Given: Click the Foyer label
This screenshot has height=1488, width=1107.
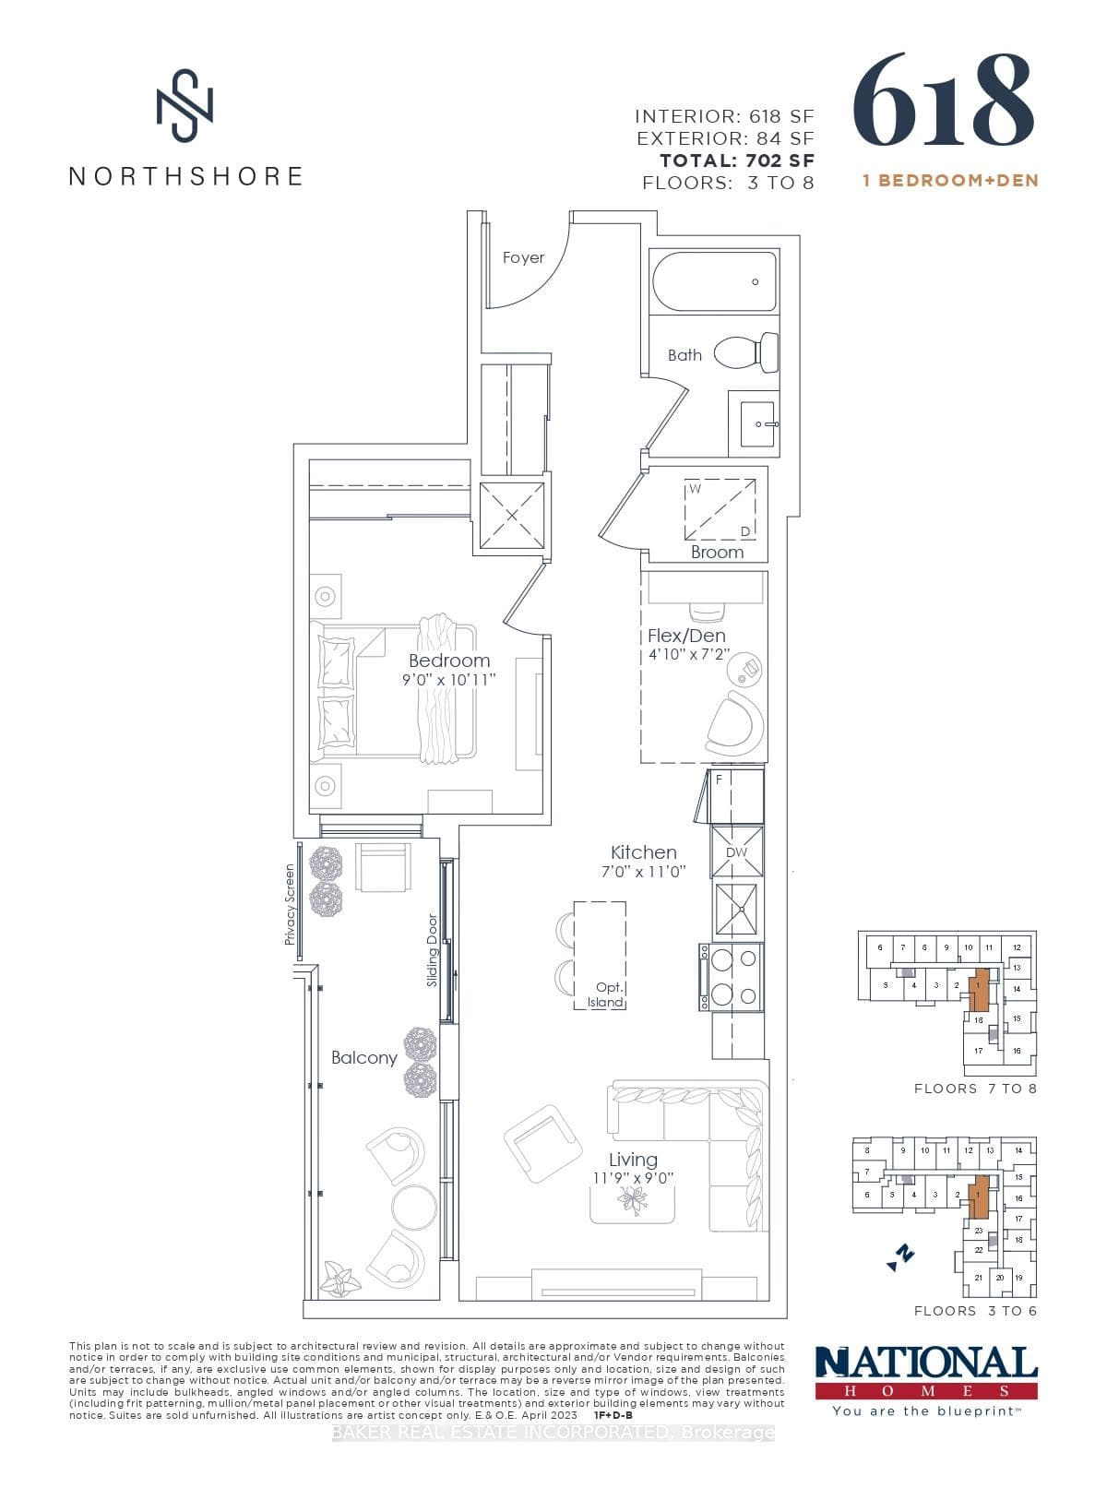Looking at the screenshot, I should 523,257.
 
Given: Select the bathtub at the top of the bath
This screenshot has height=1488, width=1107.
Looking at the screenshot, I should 714,281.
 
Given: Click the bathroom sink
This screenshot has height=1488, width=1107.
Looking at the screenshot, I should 755,423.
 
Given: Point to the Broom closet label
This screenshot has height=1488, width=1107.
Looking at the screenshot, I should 717,552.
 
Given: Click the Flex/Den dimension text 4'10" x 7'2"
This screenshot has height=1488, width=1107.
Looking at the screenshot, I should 688,655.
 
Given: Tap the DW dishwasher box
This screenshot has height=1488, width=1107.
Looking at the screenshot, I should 736,852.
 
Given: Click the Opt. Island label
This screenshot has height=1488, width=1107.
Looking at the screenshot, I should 607,994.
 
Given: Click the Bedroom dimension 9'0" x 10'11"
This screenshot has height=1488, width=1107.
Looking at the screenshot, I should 449,680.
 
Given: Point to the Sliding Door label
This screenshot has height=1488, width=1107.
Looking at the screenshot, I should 432,950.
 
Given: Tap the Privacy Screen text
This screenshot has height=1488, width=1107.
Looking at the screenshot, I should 290,904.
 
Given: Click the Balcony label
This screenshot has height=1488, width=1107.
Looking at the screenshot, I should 363,1057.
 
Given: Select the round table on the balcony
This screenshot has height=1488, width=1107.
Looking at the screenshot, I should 414,1206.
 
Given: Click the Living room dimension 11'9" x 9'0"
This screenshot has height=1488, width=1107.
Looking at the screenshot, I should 633,1178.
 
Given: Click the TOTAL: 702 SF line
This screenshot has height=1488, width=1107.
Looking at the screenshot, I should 736,161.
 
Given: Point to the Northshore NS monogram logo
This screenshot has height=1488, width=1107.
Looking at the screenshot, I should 184,103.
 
